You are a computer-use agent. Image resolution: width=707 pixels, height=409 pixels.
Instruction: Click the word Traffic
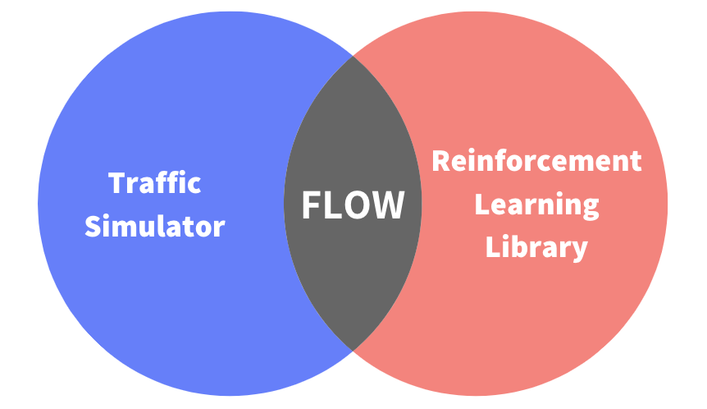point(155,182)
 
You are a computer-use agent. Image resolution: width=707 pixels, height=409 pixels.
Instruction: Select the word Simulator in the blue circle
point(155,225)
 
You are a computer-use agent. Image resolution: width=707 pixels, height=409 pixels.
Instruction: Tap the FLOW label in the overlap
point(353,204)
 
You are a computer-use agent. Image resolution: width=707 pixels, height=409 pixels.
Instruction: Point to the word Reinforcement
point(536,161)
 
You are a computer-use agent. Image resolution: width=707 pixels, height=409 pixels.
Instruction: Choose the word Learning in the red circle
point(537,205)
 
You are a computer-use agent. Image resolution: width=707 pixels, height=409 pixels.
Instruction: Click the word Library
point(537,246)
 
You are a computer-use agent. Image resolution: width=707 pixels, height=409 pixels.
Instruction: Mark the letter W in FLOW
point(389,204)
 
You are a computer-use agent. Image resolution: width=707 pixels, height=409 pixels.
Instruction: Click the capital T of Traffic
point(117,182)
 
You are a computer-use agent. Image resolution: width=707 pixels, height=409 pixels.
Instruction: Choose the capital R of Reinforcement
point(440,161)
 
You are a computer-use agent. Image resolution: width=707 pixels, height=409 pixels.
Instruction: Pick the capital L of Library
point(492,246)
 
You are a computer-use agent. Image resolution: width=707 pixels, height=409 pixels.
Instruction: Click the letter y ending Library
point(580,250)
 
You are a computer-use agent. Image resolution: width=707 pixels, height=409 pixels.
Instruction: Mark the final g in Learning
point(590,209)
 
